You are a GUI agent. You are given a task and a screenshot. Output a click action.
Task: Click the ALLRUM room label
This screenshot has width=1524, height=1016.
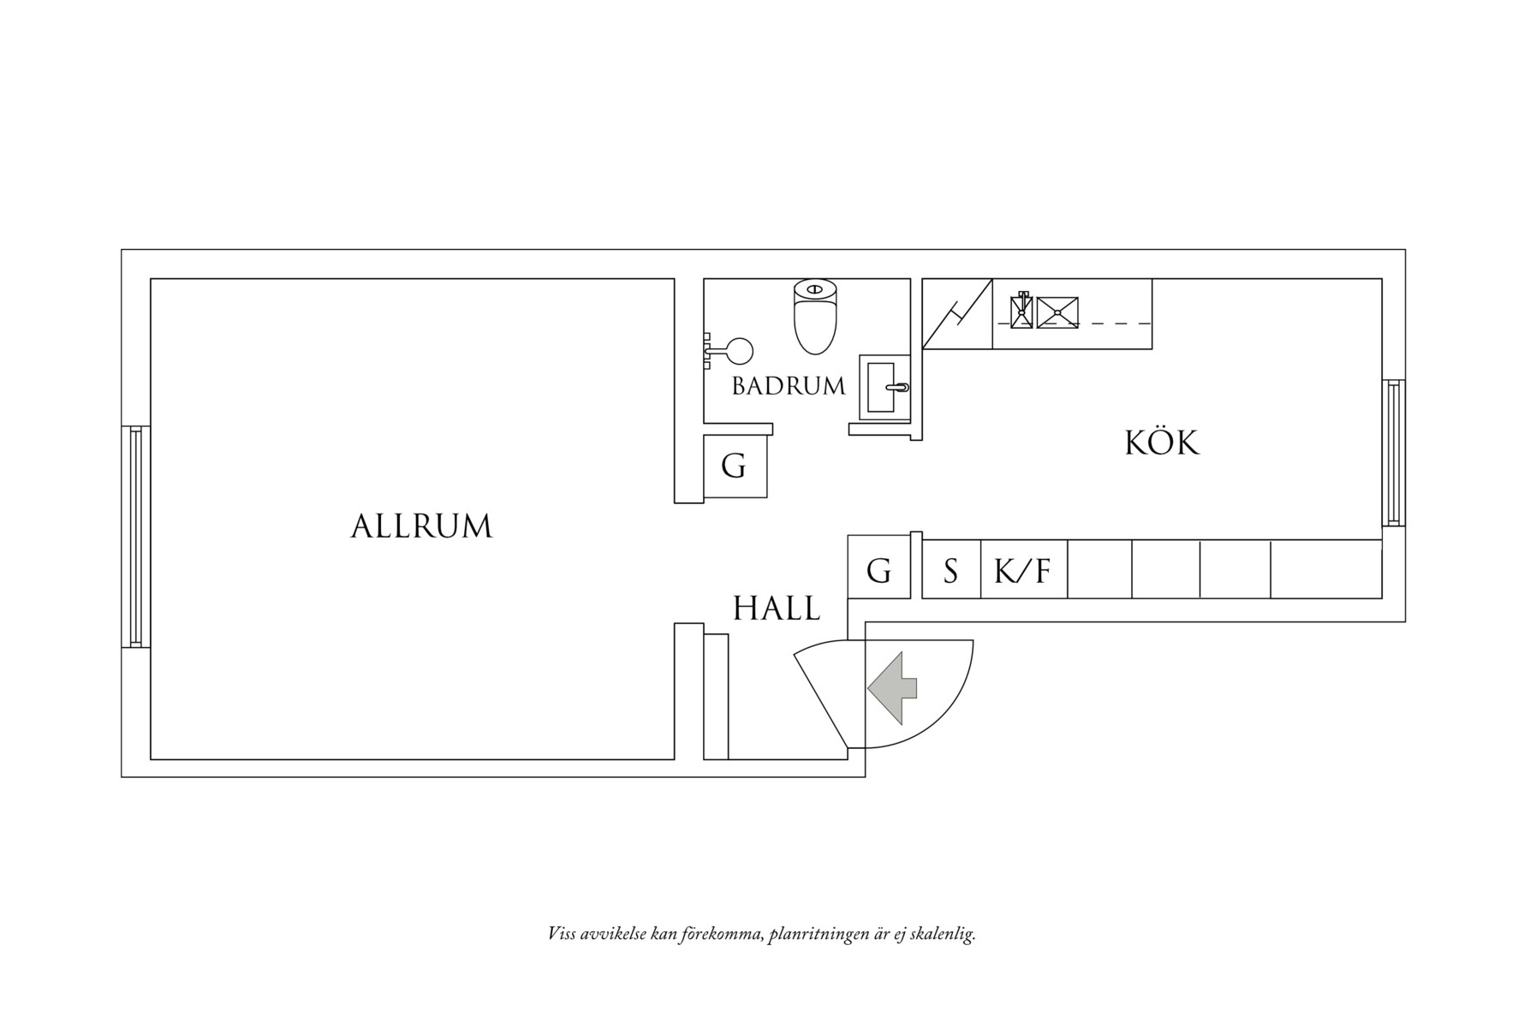(421, 526)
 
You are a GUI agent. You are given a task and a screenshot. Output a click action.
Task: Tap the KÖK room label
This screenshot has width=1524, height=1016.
(1161, 443)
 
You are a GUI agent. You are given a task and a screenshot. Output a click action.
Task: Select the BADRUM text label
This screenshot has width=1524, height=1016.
(788, 386)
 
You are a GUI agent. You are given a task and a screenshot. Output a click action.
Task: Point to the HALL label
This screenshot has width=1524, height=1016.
(776, 609)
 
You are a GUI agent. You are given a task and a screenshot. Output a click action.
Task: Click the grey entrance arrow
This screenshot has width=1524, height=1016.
(893, 686)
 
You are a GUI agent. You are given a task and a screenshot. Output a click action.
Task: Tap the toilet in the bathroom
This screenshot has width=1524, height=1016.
(814, 317)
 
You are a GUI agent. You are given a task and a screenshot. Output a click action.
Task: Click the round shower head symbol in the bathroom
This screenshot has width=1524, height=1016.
(739, 351)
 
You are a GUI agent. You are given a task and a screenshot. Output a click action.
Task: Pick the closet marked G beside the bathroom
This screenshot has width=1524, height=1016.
(735, 466)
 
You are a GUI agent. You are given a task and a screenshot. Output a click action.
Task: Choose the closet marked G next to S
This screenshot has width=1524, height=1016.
(878, 570)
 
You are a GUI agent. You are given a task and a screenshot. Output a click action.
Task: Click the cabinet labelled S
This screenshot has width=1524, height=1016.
(950, 570)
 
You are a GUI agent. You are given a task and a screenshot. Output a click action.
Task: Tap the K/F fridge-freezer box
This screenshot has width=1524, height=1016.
(1022, 570)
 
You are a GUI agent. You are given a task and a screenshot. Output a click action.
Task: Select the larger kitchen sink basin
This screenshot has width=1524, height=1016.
(1057, 312)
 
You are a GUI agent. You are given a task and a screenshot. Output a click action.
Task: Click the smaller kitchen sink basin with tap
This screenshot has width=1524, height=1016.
(1021, 312)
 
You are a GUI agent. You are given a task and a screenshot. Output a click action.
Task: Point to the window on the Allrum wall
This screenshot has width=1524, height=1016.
(135, 537)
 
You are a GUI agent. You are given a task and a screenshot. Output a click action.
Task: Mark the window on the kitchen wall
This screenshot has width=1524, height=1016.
(1393, 453)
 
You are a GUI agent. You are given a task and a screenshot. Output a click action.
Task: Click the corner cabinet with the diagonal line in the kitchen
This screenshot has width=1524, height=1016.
(956, 314)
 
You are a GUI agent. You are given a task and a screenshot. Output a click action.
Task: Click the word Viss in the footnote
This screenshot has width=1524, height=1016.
(562, 934)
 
